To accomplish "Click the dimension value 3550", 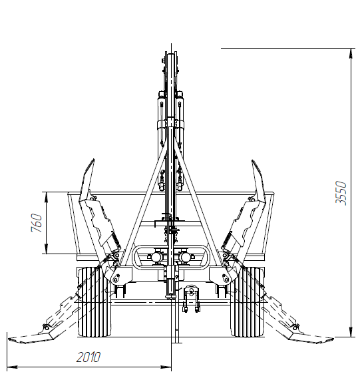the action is [341, 192].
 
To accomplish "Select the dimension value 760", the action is [37, 223].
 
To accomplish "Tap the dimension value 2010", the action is [89, 357].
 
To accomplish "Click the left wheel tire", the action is [94, 302].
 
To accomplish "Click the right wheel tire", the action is [247, 302].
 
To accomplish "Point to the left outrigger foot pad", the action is [31, 338].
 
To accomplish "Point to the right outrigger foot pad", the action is [311, 338].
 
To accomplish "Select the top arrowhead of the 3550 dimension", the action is [351, 53].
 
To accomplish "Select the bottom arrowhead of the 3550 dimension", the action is [351, 332].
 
